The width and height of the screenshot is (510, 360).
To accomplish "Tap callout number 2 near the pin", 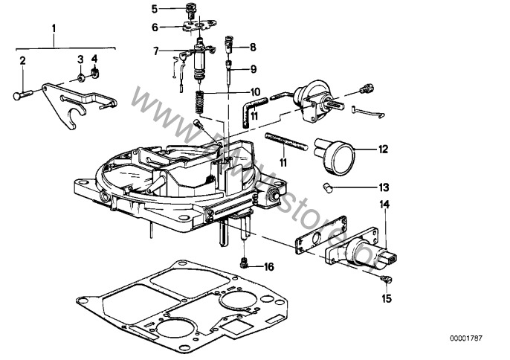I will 23,60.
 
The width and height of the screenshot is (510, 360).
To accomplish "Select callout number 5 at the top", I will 155,9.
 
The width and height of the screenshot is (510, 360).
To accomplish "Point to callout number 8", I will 253,46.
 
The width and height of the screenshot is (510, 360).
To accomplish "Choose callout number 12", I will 383,149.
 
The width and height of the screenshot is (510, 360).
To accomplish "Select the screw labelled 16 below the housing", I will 244,261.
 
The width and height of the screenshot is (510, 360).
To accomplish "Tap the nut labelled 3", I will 80,76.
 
